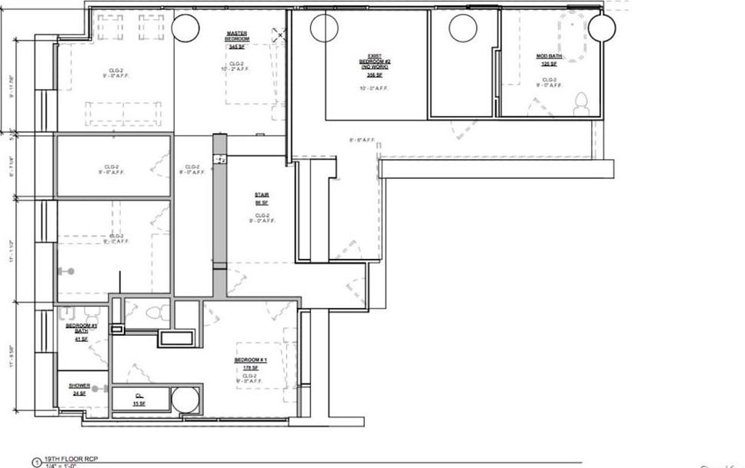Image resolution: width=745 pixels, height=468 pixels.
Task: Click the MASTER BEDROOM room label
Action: point(236,36)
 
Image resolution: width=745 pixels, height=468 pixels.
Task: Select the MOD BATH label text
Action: point(549,56)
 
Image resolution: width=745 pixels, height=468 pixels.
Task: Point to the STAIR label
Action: point(262,195)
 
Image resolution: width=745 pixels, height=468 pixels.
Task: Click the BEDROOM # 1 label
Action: point(250,360)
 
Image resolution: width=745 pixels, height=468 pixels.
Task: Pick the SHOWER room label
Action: point(79,386)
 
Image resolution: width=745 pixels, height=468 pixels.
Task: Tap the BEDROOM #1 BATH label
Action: point(80,328)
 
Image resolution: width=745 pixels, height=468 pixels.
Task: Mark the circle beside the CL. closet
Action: point(185,400)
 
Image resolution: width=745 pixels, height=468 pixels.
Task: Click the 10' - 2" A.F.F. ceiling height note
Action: point(237,69)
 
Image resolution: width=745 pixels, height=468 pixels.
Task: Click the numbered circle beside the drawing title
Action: point(35,463)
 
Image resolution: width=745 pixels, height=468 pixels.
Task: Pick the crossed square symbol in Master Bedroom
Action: point(279,34)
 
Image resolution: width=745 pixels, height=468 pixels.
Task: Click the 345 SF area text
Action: point(236,47)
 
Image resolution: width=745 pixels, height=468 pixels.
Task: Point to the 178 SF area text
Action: point(250,368)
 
